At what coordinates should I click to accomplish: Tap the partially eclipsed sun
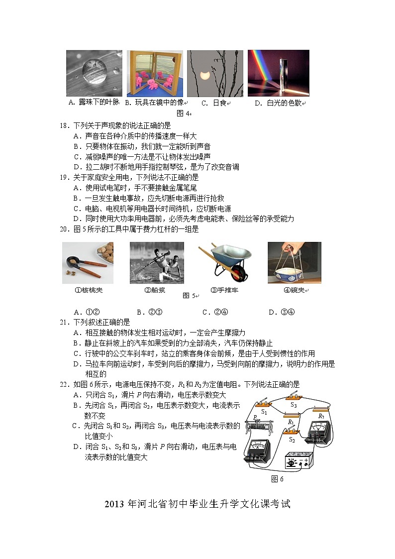[x=203, y=76]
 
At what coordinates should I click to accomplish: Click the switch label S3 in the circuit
[x=294, y=405]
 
